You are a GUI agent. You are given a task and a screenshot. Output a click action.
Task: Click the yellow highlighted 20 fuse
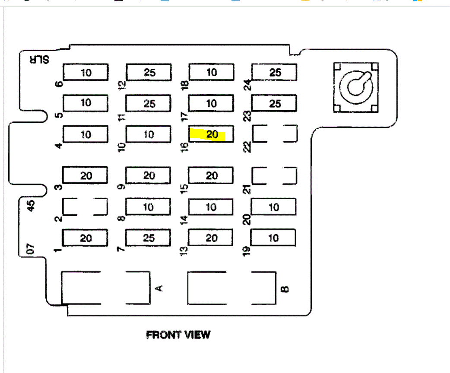click(x=211, y=134)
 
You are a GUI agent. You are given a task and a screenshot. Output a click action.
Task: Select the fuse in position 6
click(x=86, y=73)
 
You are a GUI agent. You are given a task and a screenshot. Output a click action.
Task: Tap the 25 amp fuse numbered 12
click(x=149, y=73)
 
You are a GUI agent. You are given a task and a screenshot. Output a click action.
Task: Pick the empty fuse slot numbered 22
click(x=275, y=134)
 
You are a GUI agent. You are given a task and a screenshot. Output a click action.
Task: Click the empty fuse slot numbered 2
click(x=85, y=207)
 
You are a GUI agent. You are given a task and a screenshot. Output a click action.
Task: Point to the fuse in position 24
click(x=275, y=73)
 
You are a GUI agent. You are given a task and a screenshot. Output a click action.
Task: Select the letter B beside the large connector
click(x=284, y=289)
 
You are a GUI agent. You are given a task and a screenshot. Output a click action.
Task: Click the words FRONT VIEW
click(x=178, y=335)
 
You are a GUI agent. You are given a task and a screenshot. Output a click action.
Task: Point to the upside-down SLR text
click(x=38, y=60)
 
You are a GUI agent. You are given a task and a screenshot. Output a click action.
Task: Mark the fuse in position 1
click(x=86, y=238)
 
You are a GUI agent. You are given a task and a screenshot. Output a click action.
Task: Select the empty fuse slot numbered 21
click(x=274, y=176)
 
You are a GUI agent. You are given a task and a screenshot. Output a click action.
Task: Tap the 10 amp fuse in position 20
click(x=273, y=207)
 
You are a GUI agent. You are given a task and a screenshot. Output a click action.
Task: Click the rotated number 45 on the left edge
click(x=31, y=206)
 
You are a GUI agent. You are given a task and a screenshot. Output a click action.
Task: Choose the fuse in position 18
click(x=211, y=73)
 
